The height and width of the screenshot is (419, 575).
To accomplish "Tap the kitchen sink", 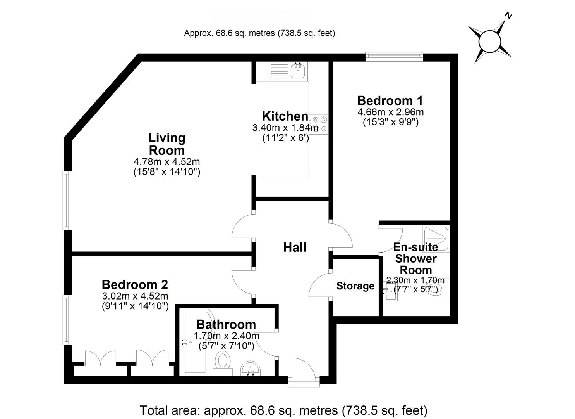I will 298,71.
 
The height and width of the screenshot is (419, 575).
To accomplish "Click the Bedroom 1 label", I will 390,100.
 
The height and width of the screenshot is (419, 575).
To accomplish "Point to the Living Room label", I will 167,144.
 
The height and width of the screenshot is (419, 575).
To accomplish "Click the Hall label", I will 295,247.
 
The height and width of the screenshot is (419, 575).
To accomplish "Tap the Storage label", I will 355,286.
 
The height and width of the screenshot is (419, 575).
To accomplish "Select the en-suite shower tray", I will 436,239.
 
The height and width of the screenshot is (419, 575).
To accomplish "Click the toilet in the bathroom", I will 223,363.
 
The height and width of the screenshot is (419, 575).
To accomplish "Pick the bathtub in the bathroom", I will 196,341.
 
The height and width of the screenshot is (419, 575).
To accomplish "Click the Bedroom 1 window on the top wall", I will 394,57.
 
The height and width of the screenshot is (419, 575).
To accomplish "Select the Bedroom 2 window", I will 67,320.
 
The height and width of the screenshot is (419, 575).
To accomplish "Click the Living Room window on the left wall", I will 67,200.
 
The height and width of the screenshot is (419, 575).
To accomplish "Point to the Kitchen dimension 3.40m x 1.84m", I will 285,127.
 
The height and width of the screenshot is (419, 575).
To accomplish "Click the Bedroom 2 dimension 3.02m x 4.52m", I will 135,296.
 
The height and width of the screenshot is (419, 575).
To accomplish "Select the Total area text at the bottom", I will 283,410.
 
